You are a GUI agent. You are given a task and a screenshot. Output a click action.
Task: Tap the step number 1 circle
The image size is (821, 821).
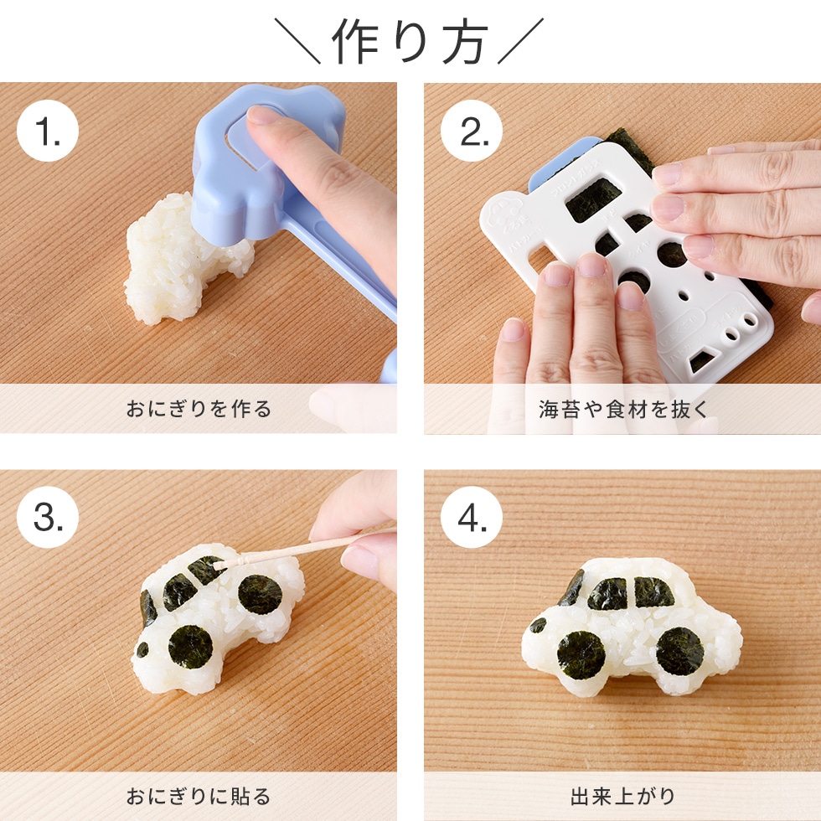coord(48,130)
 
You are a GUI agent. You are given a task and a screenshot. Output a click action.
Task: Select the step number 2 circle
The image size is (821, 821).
coord(472,130)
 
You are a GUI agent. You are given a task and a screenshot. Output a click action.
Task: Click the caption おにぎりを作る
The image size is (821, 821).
coord(199,409)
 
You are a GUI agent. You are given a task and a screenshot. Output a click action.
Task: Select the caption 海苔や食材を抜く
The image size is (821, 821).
coord(622,409)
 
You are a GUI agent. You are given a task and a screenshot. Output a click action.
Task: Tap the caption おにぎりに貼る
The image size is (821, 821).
coord(199,796)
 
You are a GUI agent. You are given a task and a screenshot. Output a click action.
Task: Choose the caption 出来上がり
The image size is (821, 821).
coord(622,796)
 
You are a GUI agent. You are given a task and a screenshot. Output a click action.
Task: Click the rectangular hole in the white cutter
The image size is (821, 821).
coord(593,199)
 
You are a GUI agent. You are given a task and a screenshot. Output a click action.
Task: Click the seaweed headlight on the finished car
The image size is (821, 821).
coord(537,625)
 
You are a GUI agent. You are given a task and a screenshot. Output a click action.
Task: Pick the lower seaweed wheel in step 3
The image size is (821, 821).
coord(190,646)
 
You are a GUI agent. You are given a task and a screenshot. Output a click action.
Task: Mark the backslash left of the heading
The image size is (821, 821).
coord(297,42)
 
